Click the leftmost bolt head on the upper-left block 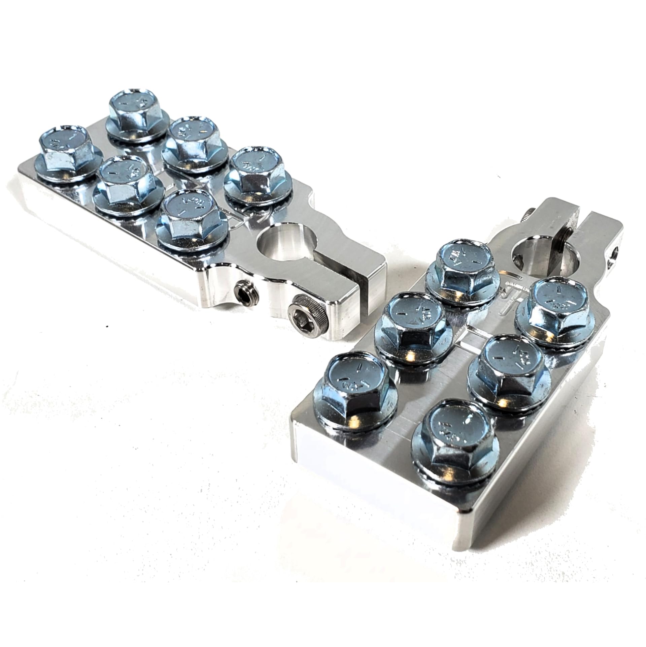[x=64, y=149]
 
